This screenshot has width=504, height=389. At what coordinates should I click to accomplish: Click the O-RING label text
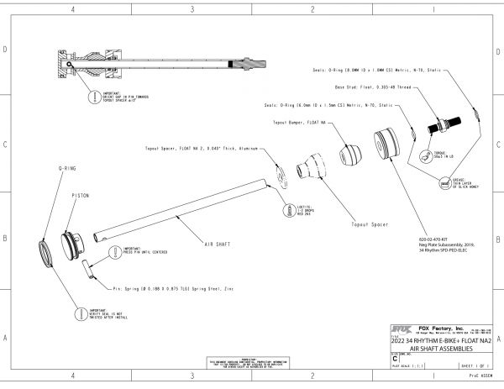pos(67,169)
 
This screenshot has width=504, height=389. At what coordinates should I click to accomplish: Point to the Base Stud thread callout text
pos(374,87)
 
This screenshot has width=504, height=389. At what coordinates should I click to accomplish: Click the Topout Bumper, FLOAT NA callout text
pos(299,122)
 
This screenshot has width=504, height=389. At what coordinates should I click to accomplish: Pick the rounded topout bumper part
pos(350,155)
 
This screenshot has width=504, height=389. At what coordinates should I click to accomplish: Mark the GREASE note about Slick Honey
pos(467,183)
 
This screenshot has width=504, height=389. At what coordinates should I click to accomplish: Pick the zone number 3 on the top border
pos(192,10)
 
